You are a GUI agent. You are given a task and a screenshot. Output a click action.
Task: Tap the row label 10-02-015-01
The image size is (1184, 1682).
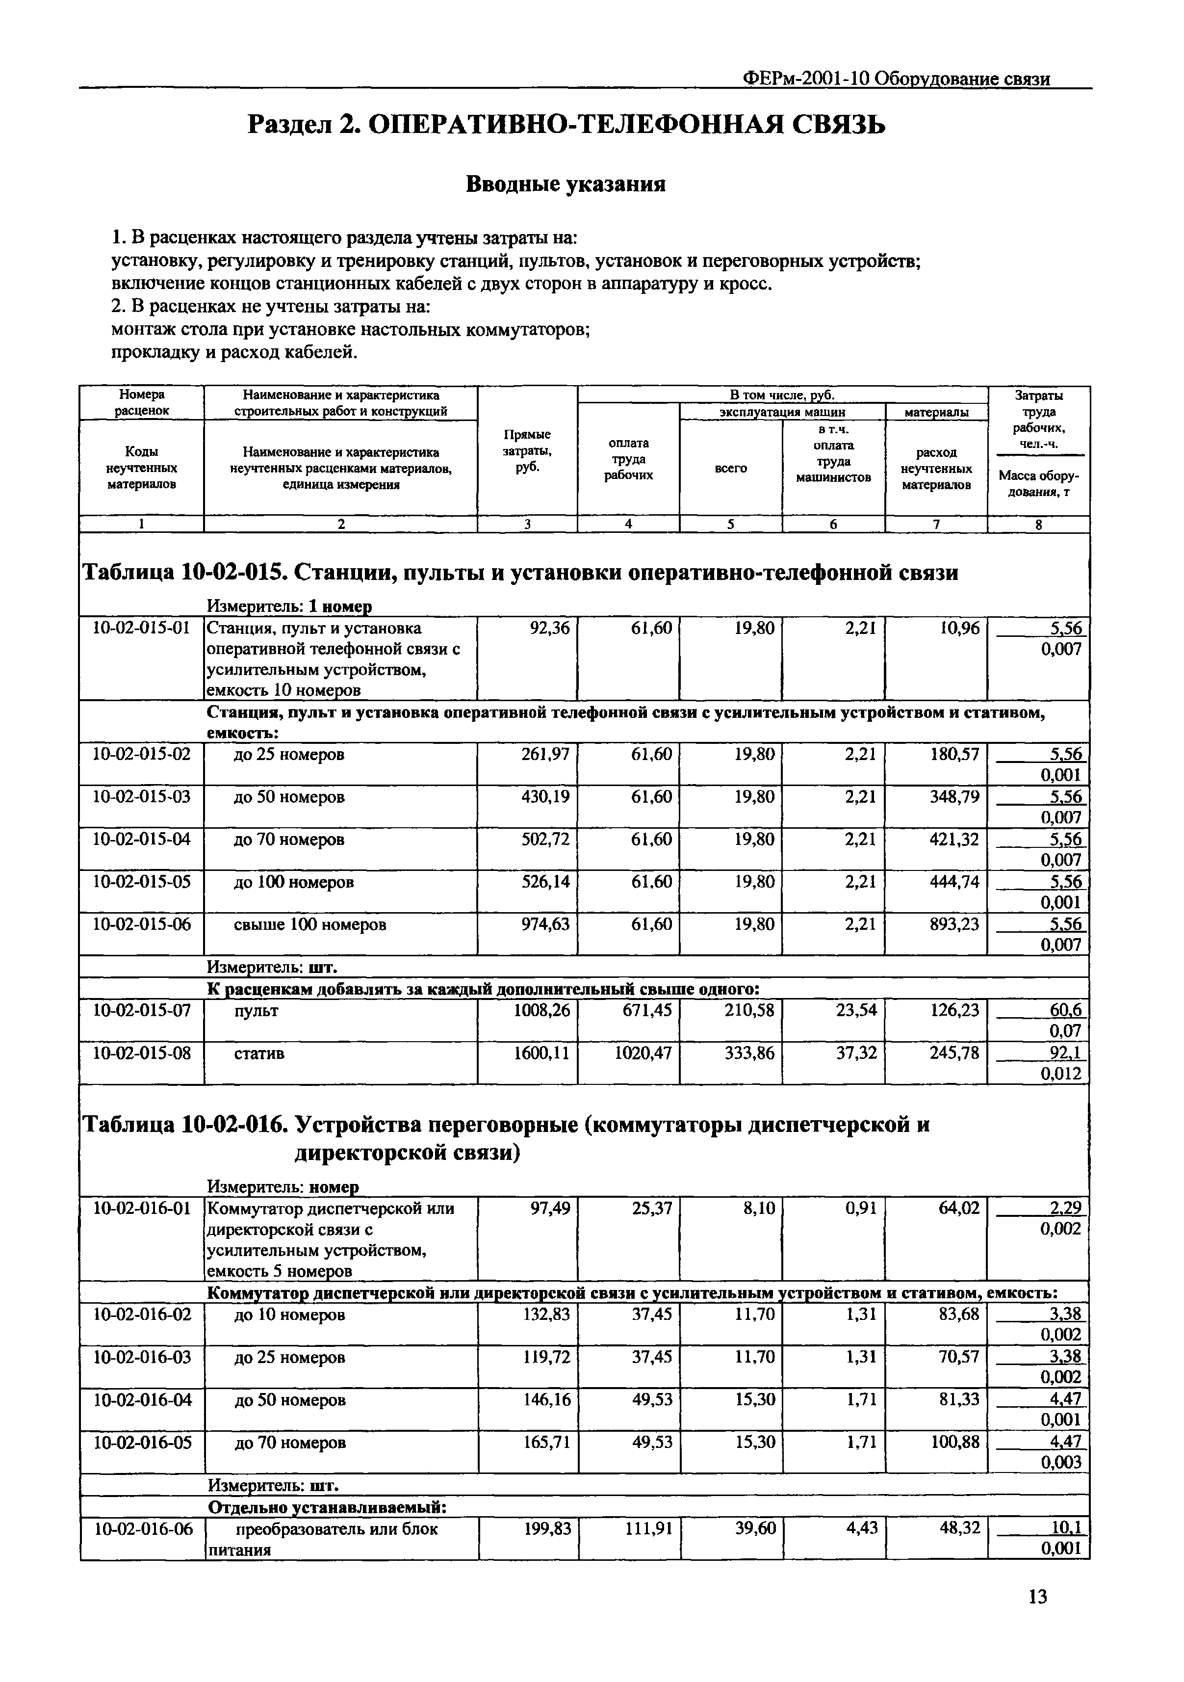(141, 628)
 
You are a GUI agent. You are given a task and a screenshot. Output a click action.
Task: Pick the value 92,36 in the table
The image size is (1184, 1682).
(549, 628)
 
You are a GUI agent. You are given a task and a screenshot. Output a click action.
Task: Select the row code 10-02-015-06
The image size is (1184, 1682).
(141, 924)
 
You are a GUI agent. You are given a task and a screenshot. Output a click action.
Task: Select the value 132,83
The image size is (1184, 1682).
(546, 1314)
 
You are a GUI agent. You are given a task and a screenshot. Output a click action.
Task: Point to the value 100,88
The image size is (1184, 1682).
(955, 1442)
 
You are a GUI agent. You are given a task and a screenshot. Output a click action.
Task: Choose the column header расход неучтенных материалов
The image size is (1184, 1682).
(936, 468)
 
